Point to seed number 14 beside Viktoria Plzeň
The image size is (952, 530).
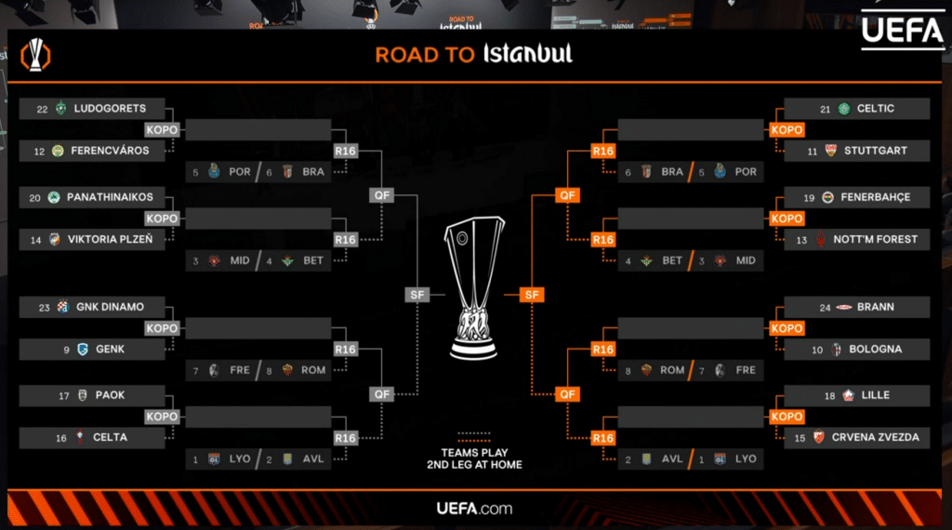[36, 240]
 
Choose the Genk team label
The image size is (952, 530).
[110, 350]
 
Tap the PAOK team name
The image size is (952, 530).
[110, 395]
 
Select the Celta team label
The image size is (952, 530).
[110, 438]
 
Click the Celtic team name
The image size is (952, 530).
[876, 109]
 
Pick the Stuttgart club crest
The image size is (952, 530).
[830, 151]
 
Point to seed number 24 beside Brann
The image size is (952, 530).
[825, 307]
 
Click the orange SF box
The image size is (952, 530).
[531, 295]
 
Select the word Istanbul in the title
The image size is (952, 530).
[527, 54]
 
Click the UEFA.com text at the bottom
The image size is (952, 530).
[474, 509]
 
